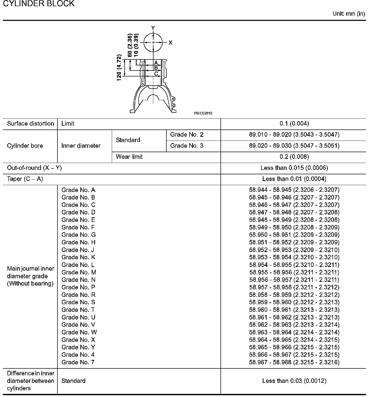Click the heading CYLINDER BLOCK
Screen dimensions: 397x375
click(39, 4)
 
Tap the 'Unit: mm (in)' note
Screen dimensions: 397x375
click(348, 14)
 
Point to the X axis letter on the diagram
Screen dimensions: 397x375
click(170, 43)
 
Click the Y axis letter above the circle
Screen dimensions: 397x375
click(153, 28)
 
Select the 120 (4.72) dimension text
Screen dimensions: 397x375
click(119, 67)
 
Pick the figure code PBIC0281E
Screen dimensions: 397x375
click(203, 113)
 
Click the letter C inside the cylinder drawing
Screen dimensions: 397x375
click(156, 74)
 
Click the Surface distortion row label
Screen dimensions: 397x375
click(30, 124)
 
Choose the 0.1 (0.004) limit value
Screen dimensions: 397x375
click(294, 124)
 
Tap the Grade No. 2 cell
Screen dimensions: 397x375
click(187, 135)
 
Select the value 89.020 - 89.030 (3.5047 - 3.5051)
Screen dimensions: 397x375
click(294, 146)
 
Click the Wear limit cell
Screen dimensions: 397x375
click(129, 157)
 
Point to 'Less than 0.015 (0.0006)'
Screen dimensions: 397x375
click(294, 168)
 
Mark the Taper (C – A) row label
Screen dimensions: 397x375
click(25, 179)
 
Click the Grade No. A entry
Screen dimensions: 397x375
click(78, 190)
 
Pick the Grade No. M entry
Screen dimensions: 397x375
click(79, 272)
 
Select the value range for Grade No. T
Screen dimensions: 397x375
click(294, 310)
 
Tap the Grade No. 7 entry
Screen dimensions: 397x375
click(78, 362)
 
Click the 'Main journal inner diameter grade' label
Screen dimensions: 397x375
click(30, 276)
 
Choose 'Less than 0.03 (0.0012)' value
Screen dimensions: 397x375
click(294, 381)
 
